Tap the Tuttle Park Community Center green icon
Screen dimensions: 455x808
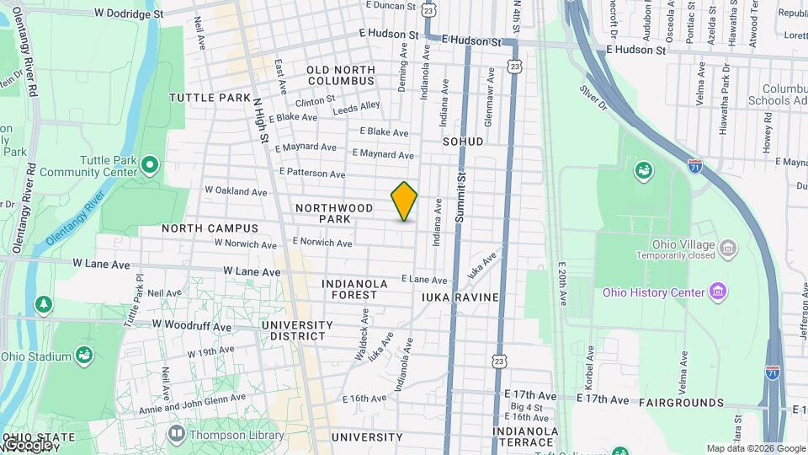click(150, 163)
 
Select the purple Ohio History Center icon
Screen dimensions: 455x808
click(717, 292)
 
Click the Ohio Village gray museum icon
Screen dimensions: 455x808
click(728, 249)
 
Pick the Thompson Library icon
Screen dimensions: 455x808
click(176, 435)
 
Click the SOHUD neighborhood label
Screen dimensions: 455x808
click(463, 142)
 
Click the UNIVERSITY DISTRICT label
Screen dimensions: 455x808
click(293, 330)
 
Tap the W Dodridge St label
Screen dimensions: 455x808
click(129, 14)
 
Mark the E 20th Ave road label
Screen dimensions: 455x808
click(561, 287)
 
